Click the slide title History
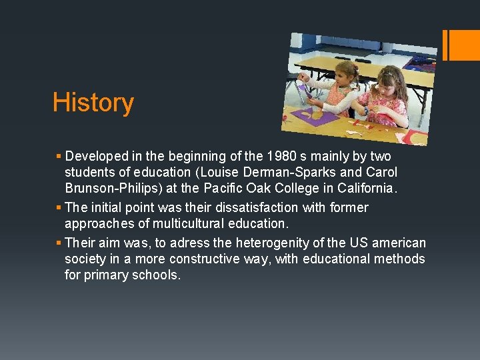coord(93,103)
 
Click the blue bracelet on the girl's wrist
coord(365,109)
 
